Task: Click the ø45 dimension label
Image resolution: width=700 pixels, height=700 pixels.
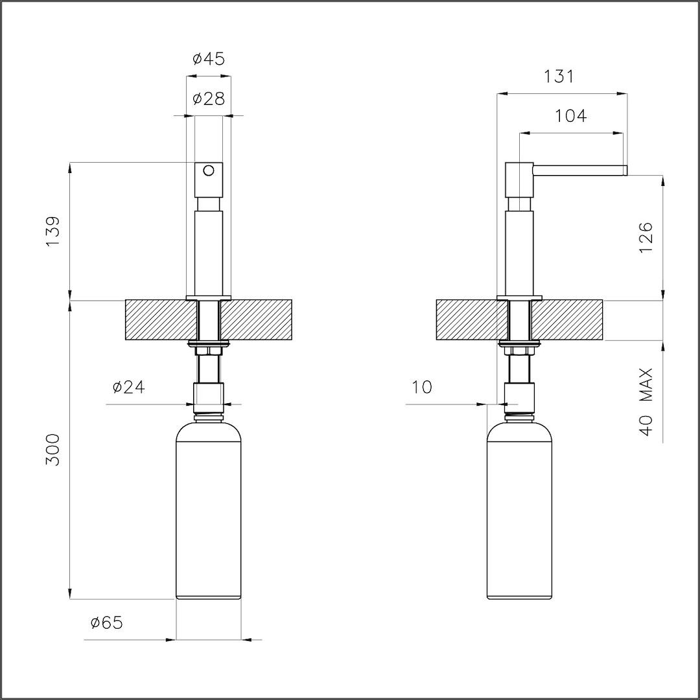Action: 209,59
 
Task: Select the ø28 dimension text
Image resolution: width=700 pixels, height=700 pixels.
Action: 209,99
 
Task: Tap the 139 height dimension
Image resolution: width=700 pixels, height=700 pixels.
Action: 52,231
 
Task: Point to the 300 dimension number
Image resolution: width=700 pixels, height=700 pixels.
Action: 52,450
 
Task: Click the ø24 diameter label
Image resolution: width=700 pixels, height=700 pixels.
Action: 129,387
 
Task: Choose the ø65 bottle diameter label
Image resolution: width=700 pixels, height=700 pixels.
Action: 106,622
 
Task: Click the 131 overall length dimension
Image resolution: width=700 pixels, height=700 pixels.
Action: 559,76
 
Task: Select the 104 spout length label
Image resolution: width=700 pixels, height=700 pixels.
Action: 570,115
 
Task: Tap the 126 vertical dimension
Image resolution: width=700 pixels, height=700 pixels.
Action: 646,237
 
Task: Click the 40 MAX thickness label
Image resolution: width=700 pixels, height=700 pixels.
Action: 646,402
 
